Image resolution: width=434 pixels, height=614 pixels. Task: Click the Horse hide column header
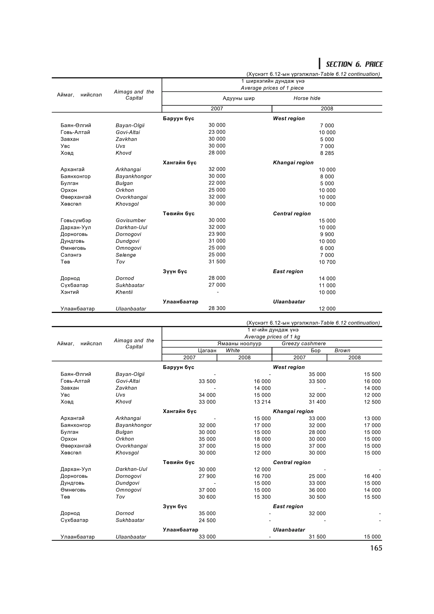(307, 98)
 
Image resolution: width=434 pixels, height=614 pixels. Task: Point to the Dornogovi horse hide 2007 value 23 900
(217, 234)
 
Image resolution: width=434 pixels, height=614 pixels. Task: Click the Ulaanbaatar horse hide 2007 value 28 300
(217, 308)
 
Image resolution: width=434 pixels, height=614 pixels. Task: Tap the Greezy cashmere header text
(303, 344)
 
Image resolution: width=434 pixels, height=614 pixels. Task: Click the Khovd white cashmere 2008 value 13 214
(262, 402)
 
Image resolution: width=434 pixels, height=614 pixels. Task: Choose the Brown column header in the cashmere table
(342, 351)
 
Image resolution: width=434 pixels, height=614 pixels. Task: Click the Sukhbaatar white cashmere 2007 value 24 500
(207, 520)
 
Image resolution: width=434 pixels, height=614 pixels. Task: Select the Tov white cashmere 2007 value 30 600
(207, 497)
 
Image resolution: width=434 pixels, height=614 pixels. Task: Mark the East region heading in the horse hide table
(288, 271)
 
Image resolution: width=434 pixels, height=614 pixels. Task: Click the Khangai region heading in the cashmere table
(293, 411)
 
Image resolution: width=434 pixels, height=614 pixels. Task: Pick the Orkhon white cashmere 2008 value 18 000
(262, 439)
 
